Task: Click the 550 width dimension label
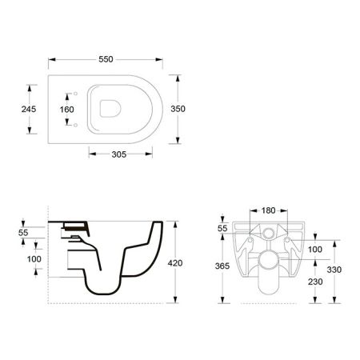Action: (x=106, y=59)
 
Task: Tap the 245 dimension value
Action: (x=29, y=109)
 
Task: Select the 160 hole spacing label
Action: (x=67, y=110)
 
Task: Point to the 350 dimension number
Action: (x=178, y=109)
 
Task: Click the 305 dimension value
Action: (x=119, y=154)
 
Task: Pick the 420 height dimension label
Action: (x=175, y=263)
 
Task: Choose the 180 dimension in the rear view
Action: (x=268, y=210)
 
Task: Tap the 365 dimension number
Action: (x=222, y=266)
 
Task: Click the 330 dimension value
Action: (x=334, y=270)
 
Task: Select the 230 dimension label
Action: (x=315, y=282)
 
